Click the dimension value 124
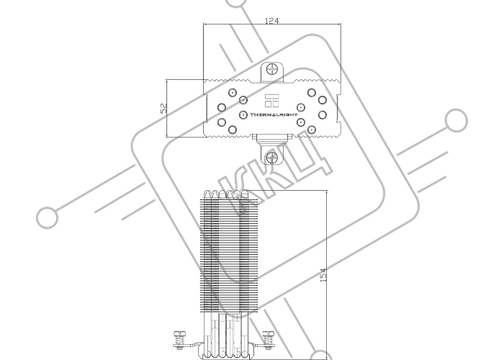(271, 21)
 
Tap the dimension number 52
(163, 108)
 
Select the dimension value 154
(323, 275)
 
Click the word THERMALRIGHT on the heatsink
(274, 114)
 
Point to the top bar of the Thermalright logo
(271, 96)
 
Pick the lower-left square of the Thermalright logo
(268, 104)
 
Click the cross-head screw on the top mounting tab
(272, 69)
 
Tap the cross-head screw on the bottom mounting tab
(272, 158)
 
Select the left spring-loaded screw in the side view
(179, 339)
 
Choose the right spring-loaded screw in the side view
(268, 339)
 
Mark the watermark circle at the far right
(456, 120)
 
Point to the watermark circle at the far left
(48, 217)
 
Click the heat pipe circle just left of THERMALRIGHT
(243, 114)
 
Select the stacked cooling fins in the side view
(229, 255)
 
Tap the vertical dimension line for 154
(327, 275)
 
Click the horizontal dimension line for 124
(272, 24)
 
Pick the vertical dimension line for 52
(167, 108)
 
